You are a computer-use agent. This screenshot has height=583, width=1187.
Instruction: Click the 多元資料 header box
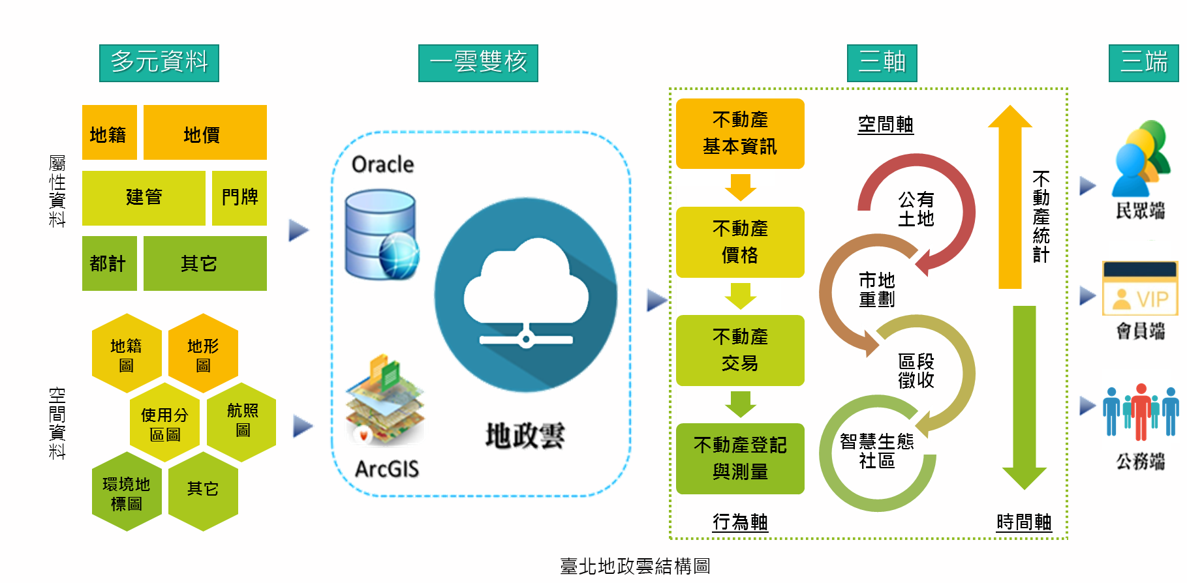[159, 63]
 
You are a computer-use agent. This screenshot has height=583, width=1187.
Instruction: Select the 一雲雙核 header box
[478, 63]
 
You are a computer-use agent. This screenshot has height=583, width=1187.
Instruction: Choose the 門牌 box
[239, 198]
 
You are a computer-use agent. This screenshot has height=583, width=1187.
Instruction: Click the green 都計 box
[109, 263]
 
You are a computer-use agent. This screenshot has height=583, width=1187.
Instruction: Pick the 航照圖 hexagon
[242, 421]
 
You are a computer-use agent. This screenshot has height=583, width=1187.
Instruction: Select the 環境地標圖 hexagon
[127, 493]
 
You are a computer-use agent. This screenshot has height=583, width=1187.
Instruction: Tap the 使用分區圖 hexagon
[164, 423]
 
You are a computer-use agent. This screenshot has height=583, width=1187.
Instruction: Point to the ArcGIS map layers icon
[385, 399]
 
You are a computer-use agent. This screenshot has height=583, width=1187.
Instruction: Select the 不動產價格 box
[740, 242]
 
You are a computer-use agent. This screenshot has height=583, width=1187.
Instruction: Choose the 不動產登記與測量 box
[740, 458]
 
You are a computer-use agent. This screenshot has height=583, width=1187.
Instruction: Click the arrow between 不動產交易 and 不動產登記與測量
[741, 404]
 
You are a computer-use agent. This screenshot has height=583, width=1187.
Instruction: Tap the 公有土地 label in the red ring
[916, 209]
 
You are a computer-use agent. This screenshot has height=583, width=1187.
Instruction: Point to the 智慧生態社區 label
[876, 451]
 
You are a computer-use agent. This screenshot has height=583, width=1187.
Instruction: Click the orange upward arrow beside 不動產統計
[1010, 196]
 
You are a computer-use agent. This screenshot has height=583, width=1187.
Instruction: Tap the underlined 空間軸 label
[885, 124]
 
